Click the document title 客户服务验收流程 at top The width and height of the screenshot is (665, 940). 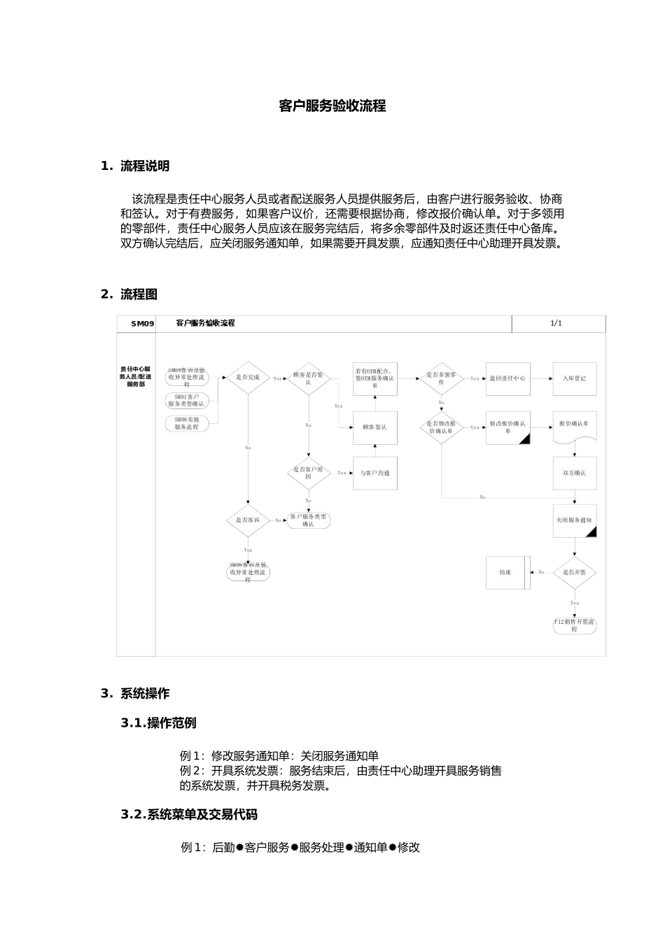(x=332, y=106)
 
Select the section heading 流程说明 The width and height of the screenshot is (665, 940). (x=144, y=166)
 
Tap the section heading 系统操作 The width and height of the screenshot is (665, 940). (x=144, y=694)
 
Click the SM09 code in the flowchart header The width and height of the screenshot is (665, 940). (x=142, y=324)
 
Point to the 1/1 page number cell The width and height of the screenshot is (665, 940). (x=556, y=323)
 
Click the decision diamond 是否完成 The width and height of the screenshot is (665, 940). (x=247, y=378)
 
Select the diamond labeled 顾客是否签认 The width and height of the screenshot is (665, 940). (x=309, y=378)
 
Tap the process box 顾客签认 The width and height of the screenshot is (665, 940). (x=375, y=427)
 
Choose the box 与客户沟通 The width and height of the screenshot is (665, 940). (x=375, y=473)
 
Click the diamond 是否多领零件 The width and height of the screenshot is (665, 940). (x=441, y=378)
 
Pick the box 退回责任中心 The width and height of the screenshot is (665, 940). (x=507, y=378)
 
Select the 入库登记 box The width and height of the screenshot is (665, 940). (x=575, y=378)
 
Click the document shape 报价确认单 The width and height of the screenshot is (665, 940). (x=575, y=425)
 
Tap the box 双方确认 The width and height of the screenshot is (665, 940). (x=575, y=473)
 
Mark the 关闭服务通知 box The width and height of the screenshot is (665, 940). (x=575, y=521)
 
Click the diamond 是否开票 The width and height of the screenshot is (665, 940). (x=575, y=572)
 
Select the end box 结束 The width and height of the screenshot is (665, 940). (x=506, y=572)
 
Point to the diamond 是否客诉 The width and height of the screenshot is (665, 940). (x=247, y=520)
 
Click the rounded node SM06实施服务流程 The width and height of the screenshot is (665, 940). (x=187, y=423)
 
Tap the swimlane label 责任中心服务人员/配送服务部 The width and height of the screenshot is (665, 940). (x=136, y=376)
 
